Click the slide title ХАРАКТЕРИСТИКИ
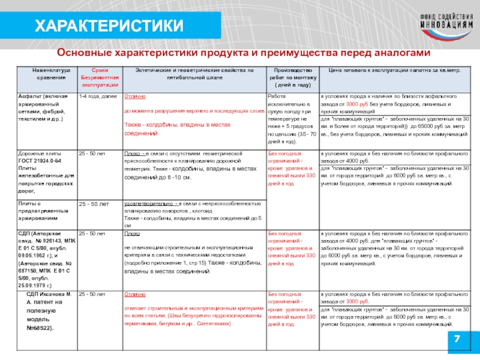[x=108, y=26]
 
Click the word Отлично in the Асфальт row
[x=134, y=96]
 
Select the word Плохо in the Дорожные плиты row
[x=132, y=154]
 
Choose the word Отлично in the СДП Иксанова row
[x=134, y=294]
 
